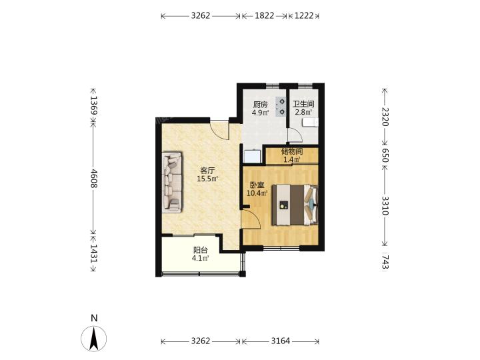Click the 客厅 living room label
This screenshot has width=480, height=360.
click(207, 171)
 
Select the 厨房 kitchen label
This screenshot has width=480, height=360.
click(260, 105)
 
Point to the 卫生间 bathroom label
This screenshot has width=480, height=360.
click(303, 104)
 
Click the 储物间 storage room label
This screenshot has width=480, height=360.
click(292, 151)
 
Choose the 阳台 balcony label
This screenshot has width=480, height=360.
click(201, 250)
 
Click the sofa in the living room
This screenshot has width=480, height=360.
click(172, 182)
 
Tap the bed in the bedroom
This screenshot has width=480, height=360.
click(295, 205)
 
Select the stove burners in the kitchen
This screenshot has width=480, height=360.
click(281, 107)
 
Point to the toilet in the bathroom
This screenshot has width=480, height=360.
click(310, 123)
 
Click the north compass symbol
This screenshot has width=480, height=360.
click(94, 339)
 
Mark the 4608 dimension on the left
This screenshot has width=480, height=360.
click(94, 179)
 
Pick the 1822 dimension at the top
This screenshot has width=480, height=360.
click(264, 15)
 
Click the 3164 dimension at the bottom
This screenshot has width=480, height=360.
click(281, 341)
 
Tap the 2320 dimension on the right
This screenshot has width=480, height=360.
click(385, 117)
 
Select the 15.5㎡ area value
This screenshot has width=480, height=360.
click(207, 179)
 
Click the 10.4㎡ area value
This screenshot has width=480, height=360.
click(257, 193)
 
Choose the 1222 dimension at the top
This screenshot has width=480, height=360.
click(304, 15)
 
